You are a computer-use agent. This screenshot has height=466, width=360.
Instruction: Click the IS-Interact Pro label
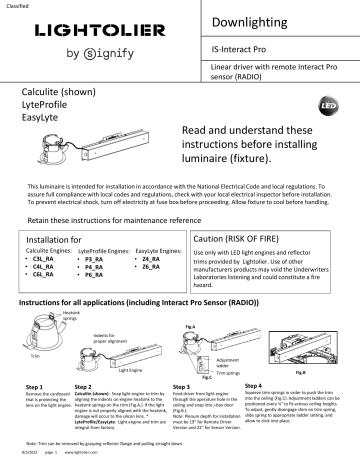[x=240, y=48]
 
